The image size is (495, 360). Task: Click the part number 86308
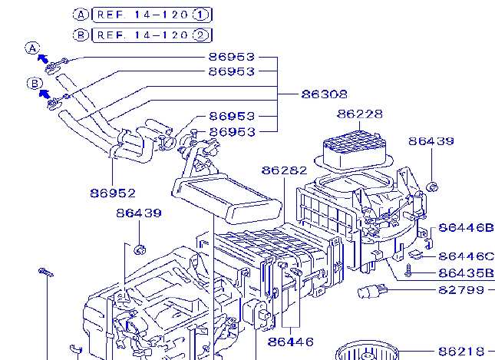324,94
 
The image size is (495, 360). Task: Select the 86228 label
359,114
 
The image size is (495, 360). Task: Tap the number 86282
284,170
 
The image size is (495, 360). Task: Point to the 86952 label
112,193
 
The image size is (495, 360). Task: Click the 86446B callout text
466,228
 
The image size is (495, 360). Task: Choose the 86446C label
466,256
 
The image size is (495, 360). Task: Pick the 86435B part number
466,272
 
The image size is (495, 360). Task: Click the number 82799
461,290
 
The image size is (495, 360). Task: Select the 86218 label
461,350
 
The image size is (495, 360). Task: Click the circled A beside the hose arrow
33,48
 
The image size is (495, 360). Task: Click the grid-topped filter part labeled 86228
355,149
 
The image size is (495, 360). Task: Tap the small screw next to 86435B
410,271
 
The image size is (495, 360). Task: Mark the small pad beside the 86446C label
417,253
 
